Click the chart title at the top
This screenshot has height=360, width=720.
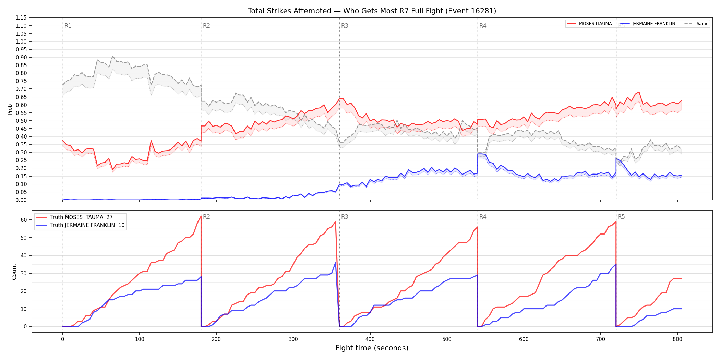(x=372, y=11)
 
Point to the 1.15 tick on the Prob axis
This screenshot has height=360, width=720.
(x=21, y=18)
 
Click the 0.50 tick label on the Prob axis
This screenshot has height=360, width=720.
(x=21, y=121)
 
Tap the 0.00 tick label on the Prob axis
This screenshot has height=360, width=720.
(x=21, y=200)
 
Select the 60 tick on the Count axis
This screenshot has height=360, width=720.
(x=24, y=220)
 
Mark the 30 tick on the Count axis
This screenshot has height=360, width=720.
(x=24, y=273)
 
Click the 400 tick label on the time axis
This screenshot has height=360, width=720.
(x=370, y=339)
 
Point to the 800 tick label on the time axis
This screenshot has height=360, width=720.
(x=677, y=339)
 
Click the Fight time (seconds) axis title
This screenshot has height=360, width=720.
(x=372, y=348)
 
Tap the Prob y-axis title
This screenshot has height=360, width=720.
(x=10, y=109)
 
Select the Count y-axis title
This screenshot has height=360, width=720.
(x=14, y=272)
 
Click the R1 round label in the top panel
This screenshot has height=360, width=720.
(x=68, y=26)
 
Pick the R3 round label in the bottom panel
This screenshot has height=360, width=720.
(x=345, y=217)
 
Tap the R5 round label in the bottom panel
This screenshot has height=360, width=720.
(x=621, y=217)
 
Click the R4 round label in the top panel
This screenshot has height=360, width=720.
(x=483, y=26)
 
